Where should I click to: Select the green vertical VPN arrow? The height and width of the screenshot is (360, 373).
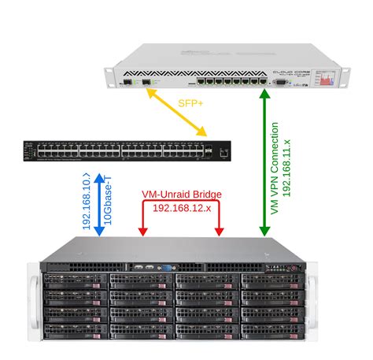tap(264, 165)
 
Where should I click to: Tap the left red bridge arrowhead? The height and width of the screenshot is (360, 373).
tap(143, 231)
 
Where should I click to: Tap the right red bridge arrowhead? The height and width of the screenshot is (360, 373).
tap(219, 231)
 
